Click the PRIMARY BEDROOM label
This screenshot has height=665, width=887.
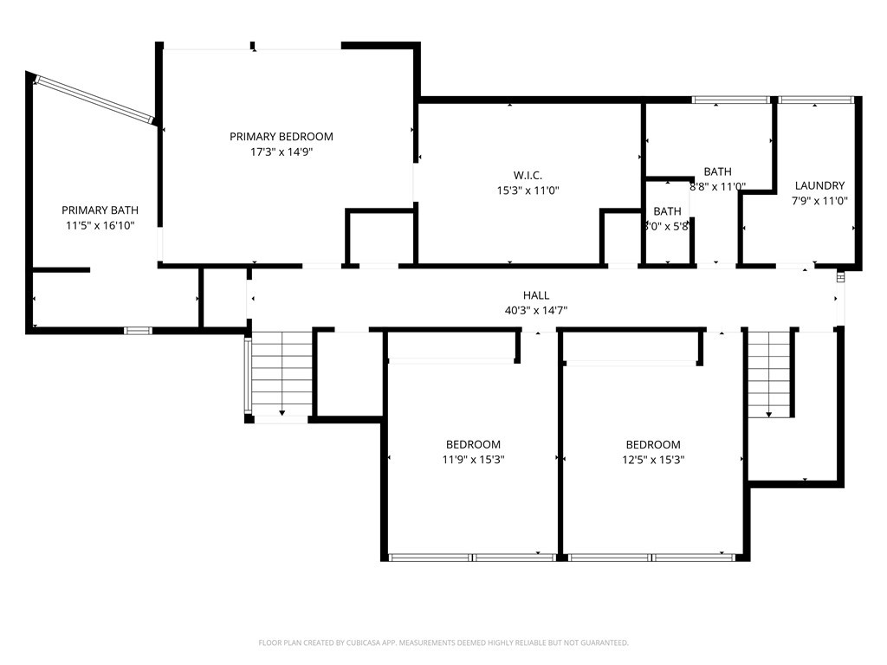point(281,137)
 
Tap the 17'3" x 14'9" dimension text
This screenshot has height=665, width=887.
point(281,152)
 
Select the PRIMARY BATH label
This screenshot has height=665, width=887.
point(100,210)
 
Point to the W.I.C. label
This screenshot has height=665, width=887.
point(528,176)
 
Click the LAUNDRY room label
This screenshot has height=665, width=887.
point(819,185)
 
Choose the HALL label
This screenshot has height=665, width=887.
point(536,295)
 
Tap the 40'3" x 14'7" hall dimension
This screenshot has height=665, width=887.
point(536,310)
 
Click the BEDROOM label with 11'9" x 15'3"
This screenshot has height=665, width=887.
point(473,445)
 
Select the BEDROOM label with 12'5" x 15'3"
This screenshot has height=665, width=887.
point(653,445)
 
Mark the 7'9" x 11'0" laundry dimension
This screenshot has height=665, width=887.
point(819,201)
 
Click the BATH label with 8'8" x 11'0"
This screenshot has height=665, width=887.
point(717,171)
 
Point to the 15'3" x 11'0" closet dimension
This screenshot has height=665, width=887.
point(528,190)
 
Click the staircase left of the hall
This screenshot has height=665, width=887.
point(282,374)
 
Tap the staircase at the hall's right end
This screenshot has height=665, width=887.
point(770,372)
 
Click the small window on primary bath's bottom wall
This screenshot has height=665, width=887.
point(138,330)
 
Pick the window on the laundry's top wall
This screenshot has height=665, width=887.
point(814,100)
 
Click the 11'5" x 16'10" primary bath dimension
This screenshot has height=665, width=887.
point(100,225)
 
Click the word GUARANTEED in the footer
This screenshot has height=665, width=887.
point(602,643)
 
